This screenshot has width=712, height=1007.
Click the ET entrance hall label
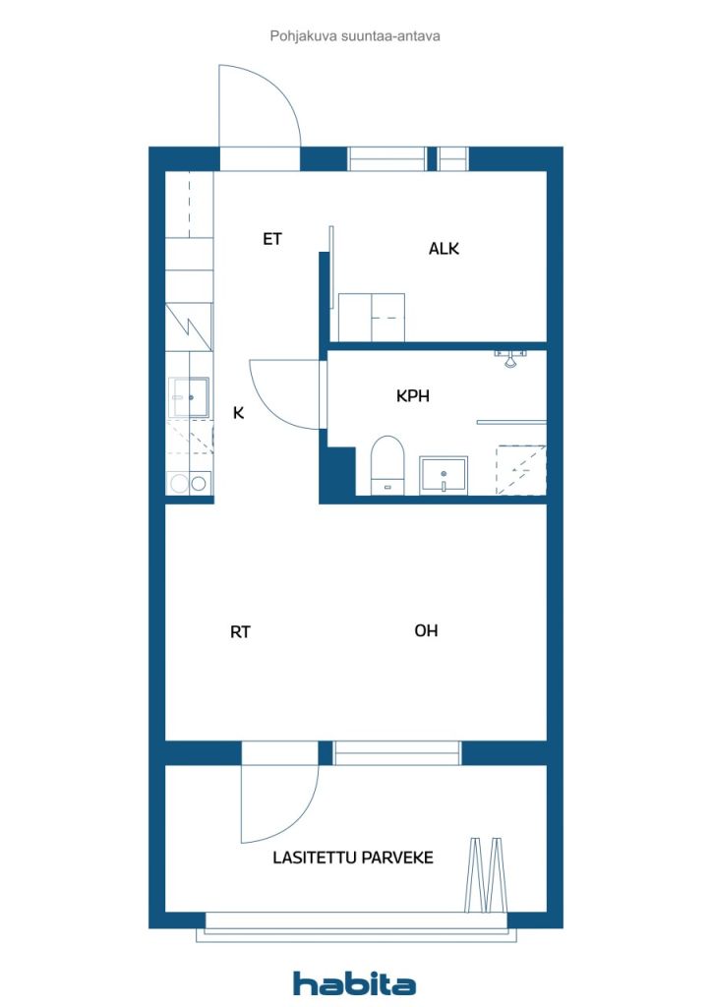272,239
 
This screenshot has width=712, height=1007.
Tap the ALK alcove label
444,249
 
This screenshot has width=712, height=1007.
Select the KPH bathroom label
413,396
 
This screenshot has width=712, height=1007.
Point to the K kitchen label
238,413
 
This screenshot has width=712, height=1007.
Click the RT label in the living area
240,632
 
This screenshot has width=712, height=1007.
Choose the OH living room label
426,630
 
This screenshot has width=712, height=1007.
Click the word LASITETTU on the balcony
314,858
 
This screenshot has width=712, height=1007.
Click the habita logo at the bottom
354,983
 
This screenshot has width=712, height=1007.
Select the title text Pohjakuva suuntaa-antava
355,35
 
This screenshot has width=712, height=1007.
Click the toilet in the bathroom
387,464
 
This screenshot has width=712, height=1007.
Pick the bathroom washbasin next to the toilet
445,474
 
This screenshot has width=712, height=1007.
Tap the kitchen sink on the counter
190,397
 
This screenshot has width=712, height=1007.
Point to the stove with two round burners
189,483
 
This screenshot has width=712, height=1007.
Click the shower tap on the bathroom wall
509,356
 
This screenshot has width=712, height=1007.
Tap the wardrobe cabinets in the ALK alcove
371,317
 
